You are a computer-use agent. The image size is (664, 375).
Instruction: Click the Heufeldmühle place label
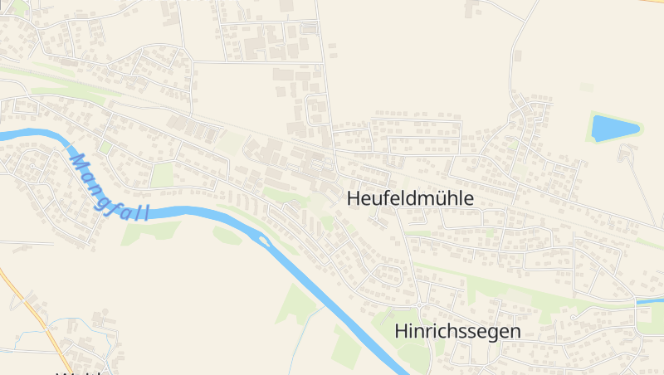pyautogui.click(x=410, y=199)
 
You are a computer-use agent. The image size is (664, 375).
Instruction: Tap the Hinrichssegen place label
pyautogui.click(x=457, y=331)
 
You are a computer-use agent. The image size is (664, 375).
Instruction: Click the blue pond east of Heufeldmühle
pyautogui.click(x=614, y=128)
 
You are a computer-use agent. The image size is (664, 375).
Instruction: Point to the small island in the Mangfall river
pyautogui.click(x=265, y=241)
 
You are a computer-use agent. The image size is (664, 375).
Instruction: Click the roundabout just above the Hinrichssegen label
pyautogui.click(x=420, y=304)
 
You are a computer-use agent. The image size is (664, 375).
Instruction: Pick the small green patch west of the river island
pyautogui.click(x=227, y=236)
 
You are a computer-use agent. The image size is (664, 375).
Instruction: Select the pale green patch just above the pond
pyautogui.click(x=587, y=86)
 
